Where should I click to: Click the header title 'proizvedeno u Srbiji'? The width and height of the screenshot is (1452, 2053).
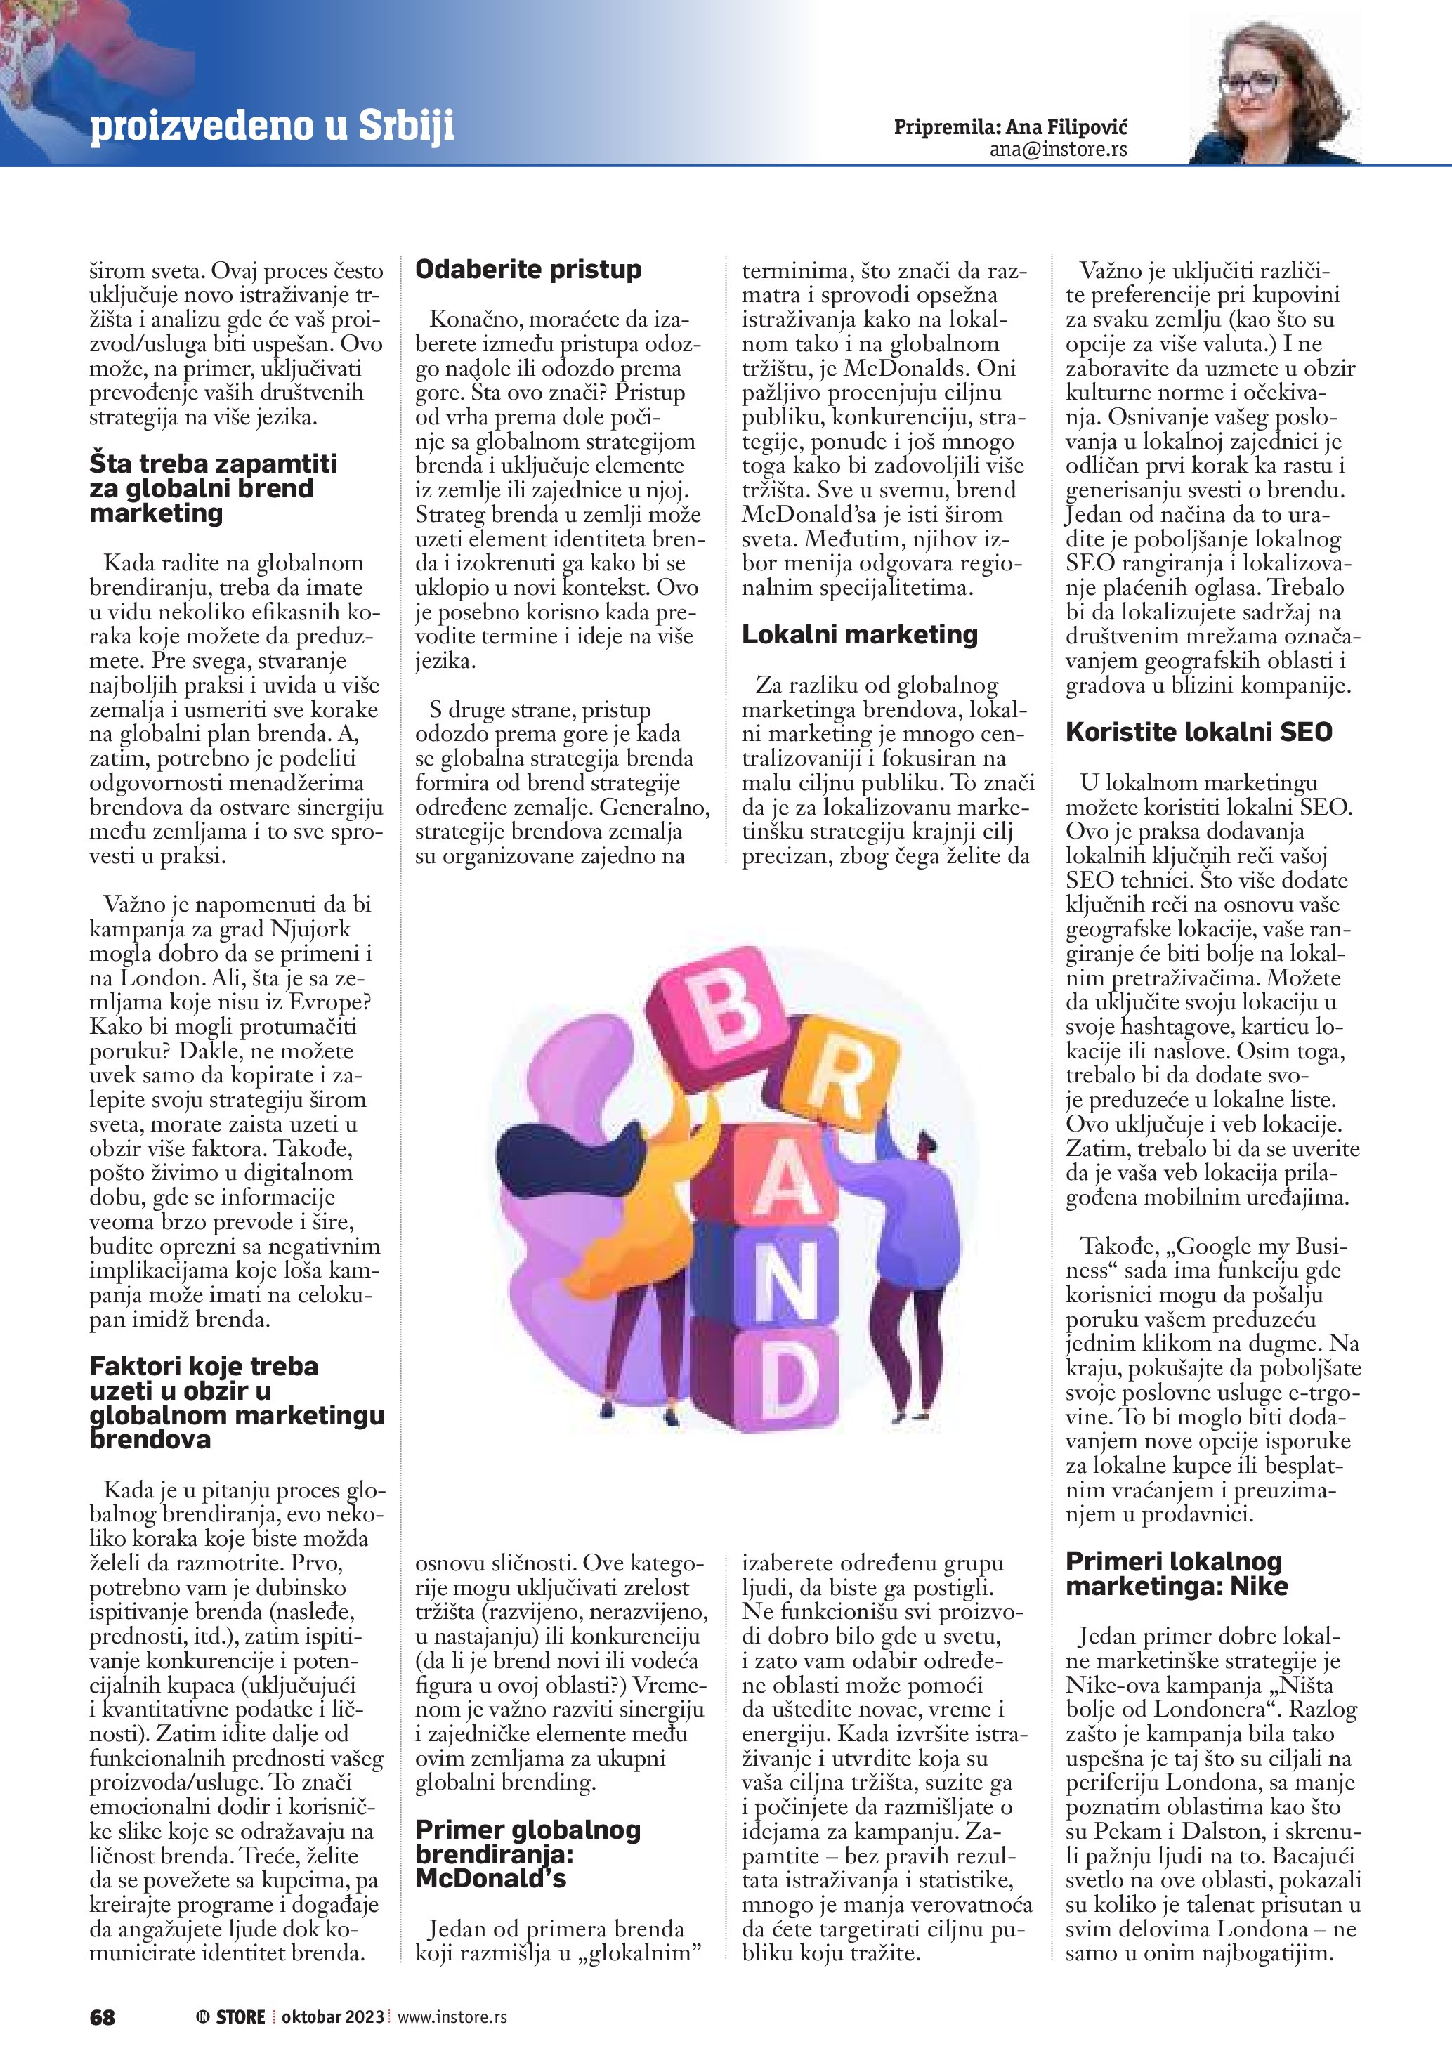(272, 126)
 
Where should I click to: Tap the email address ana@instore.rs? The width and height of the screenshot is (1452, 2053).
(1058, 150)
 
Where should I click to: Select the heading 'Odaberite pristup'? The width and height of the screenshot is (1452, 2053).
(528, 269)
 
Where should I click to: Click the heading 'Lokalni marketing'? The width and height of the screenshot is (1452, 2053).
(859, 634)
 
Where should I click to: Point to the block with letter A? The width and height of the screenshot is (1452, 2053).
(778, 1180)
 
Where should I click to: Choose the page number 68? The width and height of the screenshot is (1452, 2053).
(102, 2016)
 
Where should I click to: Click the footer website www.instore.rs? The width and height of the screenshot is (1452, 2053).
(452, 2016)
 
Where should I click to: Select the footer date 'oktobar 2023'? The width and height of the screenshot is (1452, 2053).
(332, 2016)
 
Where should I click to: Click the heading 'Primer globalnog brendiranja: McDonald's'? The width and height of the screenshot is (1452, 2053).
(528, 1854)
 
